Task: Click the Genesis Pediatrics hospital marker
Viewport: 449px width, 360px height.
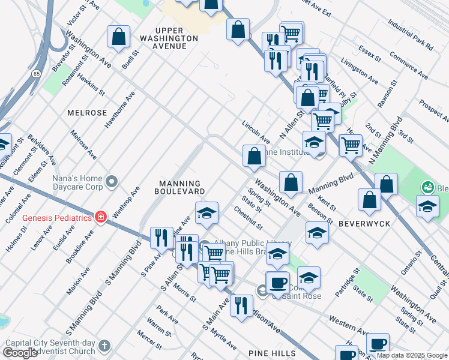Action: pos(100,217)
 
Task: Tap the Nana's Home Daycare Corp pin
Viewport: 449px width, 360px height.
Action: pos(112,181)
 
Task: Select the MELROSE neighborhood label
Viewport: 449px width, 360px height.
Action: pos(87,113)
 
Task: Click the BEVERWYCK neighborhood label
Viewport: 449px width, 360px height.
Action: pos(364,223)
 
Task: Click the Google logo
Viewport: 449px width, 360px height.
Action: pos(20,353)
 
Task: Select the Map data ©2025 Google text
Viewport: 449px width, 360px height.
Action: pos(411,355)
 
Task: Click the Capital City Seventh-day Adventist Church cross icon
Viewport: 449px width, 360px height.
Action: pos(104,346)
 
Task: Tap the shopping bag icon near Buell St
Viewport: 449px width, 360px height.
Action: pos(119,36)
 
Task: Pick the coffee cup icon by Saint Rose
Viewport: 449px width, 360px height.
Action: pos(277,282)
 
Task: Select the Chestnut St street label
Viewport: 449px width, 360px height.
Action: pos(249,218)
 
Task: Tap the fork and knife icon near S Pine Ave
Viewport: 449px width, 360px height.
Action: pos(161,238)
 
